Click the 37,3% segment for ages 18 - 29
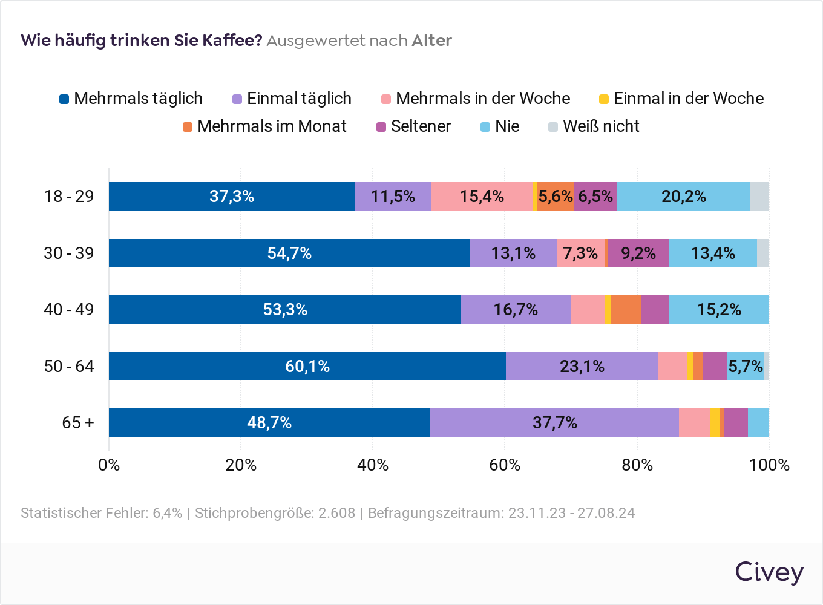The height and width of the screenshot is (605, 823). tap(232, 197)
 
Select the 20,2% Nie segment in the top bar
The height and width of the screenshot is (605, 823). tap(684, 197)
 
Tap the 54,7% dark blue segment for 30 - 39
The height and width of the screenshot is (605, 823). tap(289, 253)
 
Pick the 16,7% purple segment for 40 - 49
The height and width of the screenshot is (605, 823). tap(516, 310)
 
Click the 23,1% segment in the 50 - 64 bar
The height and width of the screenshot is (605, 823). tap(582, 366)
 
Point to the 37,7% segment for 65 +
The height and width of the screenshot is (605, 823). tap(554, 422)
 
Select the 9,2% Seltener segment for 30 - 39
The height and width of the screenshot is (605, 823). tap(638, 253)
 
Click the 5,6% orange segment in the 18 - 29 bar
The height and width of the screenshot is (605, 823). tap(556, 197)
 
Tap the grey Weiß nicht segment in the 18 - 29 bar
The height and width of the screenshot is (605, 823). tap(759, 197)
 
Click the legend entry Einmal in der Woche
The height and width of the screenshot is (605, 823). tap(681, 99)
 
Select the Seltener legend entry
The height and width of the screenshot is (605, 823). tap(414, 126)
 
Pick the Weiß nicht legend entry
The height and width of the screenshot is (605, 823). tap(594, 126)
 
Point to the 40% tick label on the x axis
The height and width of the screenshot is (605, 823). tap(373, 465)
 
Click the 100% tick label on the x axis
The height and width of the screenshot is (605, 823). tap(769, 465)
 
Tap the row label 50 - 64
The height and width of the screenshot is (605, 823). tap(69, 366)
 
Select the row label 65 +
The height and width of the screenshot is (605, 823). tap(78, 422)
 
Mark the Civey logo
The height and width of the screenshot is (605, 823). tap(769, 572)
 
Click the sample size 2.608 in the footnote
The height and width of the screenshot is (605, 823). tap(336, 513)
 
